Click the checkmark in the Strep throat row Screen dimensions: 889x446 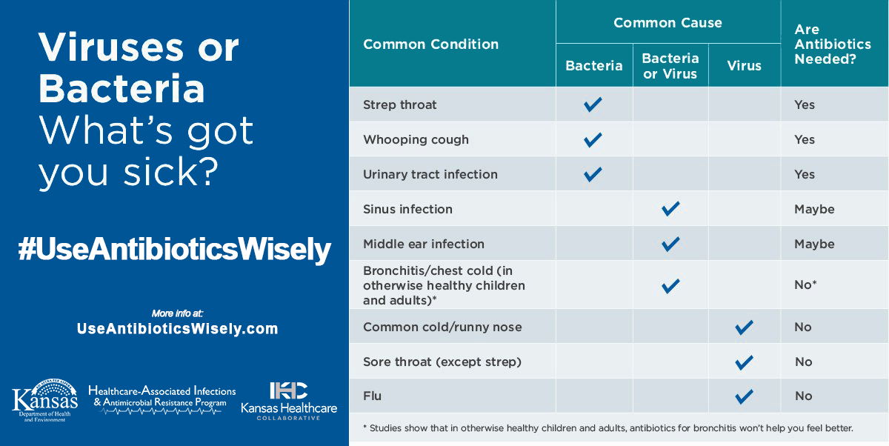click(593, 104)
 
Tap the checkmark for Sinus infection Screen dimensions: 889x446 click(670, 209)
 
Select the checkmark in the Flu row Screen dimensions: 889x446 click(744, 396)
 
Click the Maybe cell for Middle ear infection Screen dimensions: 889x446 click(814, 244)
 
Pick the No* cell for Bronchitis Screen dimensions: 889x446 click(805, 284)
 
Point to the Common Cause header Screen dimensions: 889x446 click(668, 23)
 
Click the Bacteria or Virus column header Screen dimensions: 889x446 click(670, 66)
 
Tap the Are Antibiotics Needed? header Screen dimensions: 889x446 click(833, 44)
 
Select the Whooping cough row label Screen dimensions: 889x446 click(416, 140)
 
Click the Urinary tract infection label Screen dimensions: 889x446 click(430, 174)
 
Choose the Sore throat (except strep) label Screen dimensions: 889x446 click(442, 362)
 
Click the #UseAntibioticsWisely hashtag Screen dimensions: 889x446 click(175, 250)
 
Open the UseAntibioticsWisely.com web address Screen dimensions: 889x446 click(177, 328)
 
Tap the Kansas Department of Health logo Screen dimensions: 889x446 click(45, 400)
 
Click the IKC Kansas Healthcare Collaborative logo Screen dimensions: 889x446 click(289, 401)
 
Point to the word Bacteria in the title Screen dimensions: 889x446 click(121, 88)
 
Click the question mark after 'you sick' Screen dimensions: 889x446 click(208, 171)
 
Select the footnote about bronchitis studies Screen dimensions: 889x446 click(608, 428)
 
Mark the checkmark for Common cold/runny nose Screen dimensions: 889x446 click(744, 327)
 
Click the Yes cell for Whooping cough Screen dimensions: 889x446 click(805, 140)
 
